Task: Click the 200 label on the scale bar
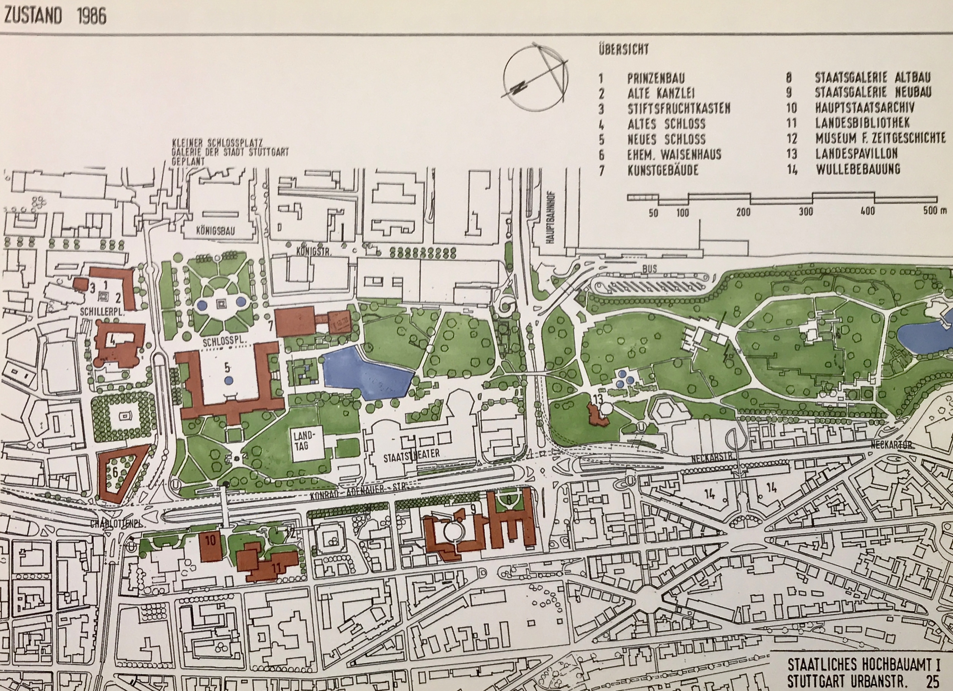tap(743, 212)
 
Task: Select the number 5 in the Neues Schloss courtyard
tap(227, 368)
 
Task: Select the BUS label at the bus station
tap(649, 268)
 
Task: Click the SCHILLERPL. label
tap(102, 312)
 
